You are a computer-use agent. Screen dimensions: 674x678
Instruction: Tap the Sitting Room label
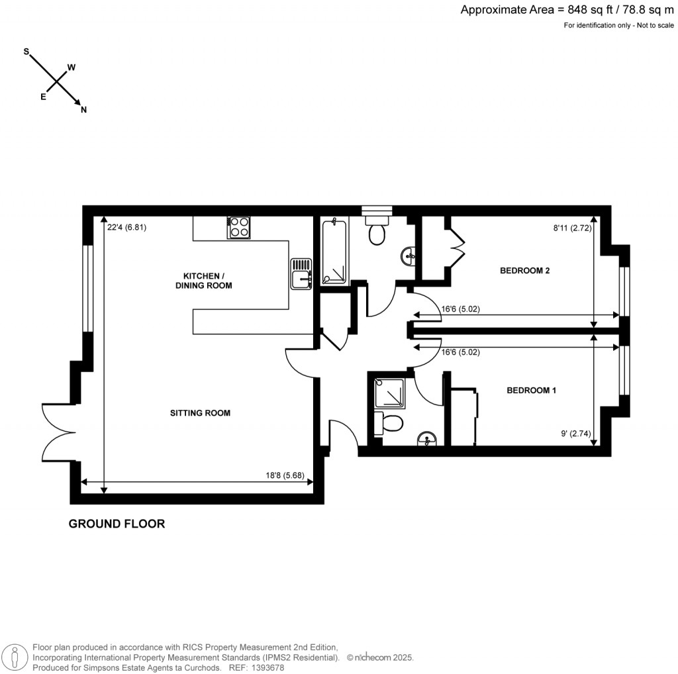coord(200,412)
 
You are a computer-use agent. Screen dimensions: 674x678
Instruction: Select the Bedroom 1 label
coord(531,391)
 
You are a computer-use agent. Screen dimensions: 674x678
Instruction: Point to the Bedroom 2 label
coord(525,270)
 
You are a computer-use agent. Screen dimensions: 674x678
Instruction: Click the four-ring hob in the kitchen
coord(239,228)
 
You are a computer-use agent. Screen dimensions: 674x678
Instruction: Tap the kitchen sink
coord(301,273)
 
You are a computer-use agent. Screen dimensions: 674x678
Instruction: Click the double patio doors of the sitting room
coord(58,432)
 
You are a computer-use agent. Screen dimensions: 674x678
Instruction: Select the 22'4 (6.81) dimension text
coord(126,226)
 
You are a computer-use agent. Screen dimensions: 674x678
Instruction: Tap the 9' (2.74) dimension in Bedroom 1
coord(573,435)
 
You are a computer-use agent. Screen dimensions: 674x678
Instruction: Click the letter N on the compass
coord(83,111)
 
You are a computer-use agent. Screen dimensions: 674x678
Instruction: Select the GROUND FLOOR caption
coord(117,524)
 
